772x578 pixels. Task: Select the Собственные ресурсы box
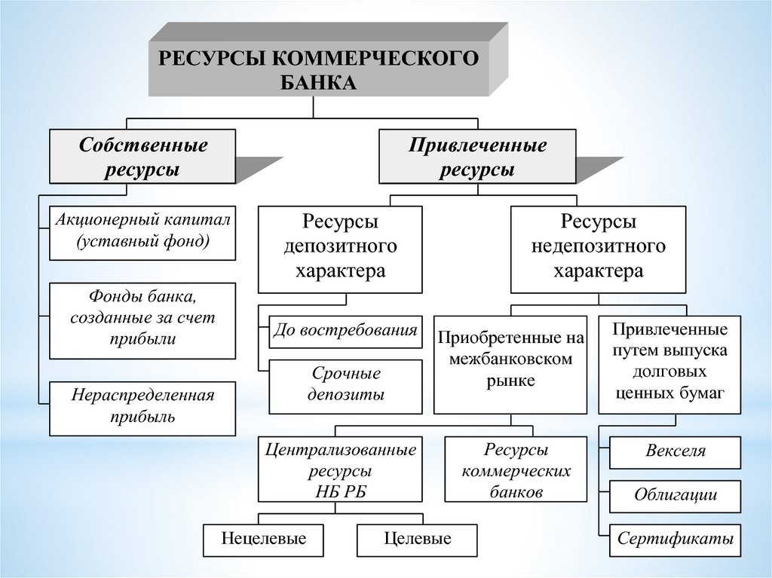142,156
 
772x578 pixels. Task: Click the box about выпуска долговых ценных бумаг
669,364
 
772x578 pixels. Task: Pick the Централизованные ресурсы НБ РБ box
340,469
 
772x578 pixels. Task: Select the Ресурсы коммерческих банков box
516,469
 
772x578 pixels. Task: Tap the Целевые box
417,539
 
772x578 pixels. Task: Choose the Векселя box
675,451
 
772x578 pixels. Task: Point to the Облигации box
675,495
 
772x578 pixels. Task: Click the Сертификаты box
675,539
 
